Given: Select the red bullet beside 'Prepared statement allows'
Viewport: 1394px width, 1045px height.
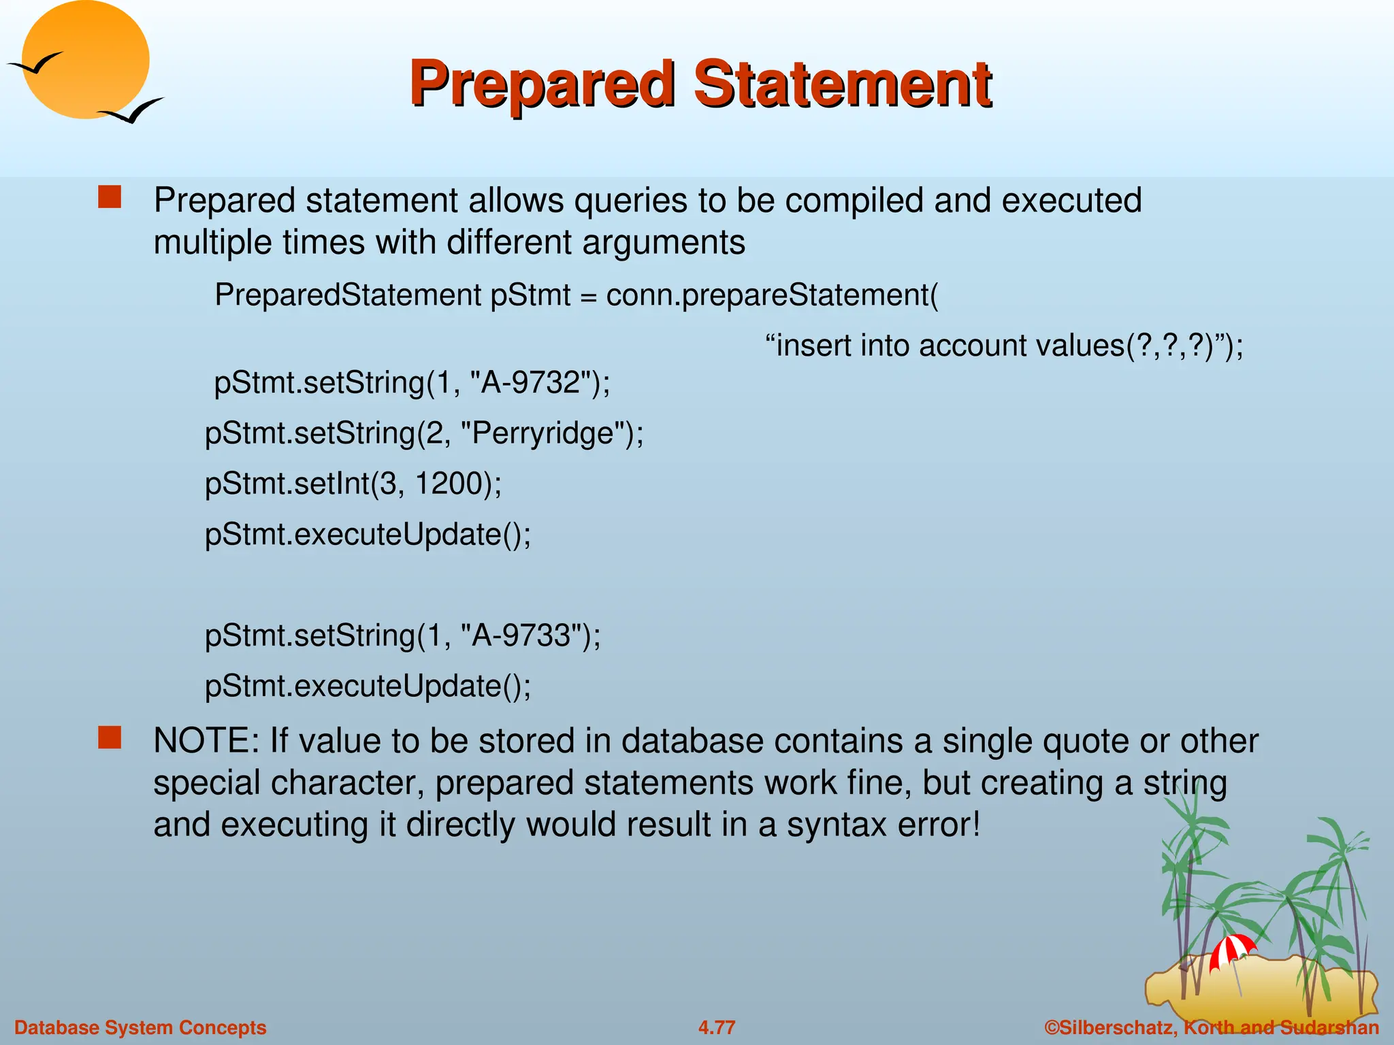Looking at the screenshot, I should pyautogui.click(x=110, y=197).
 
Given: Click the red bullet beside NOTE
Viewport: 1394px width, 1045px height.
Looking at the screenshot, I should pyautogui.click(x=110, y=737).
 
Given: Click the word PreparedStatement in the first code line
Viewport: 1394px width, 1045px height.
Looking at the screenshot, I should pyautogui.click(x=348, y=295).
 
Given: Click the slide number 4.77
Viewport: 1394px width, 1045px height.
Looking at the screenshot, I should pyautogui.click(x=717, y=1027).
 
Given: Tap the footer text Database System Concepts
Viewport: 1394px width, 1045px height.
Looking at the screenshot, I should pyautogui.click(x=140, y=1027).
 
